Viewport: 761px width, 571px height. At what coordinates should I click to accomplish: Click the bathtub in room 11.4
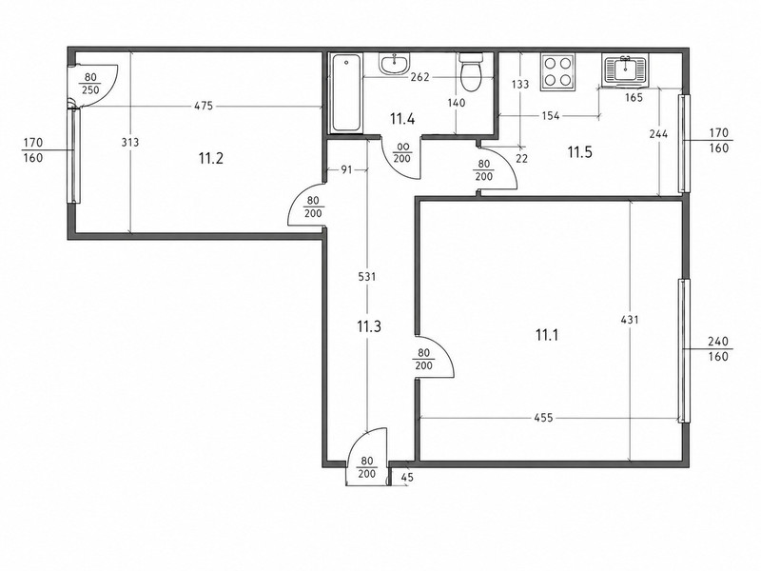pos(346,92)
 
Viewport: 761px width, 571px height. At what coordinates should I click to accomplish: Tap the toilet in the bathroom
pos(470,72)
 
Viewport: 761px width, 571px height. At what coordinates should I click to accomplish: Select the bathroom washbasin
pos(395,64)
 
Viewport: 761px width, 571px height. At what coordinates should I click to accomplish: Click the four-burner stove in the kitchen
pos(557,71)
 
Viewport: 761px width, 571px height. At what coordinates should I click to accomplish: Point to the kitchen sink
pos(625,70)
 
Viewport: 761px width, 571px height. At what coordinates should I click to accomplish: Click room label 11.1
pos(547,335)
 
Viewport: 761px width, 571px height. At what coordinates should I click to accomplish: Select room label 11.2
pos(211,158)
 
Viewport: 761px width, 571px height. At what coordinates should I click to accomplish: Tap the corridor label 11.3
pos(369,326)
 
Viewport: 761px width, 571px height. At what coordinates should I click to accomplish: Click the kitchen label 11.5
pos(580,152)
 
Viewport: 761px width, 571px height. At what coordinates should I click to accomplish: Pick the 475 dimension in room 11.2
pos(204,106)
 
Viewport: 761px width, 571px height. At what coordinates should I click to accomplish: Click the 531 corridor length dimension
pos(367,277)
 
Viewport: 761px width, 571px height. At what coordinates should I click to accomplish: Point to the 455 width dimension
pos(543,418)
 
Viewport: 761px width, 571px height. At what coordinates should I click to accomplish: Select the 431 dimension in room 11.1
pos(630,320)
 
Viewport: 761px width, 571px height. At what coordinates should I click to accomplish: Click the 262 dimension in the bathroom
pos(420,77)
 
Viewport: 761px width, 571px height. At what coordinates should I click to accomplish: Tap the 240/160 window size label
pos(718,348)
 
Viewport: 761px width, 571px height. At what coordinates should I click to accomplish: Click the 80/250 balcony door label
pos(90,84)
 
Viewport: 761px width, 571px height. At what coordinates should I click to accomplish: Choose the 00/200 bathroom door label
pos(402,152)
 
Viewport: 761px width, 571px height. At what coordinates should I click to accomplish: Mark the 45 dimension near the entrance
pos(408,478)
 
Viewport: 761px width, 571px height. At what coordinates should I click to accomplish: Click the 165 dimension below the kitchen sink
pos(634,98)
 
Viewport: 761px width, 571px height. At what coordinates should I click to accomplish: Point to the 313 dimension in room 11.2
pos(130,142)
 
